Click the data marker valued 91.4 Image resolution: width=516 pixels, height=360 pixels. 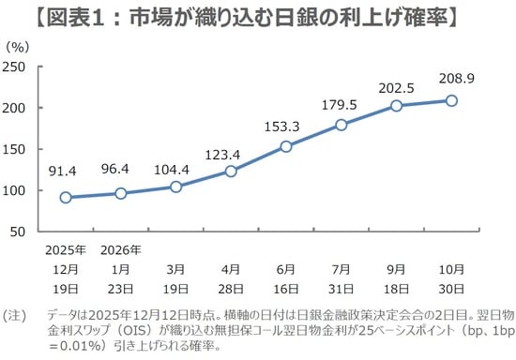point(66,197)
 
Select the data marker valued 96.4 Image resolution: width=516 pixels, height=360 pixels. point(120,193)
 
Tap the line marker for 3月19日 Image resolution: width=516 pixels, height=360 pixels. point(175,187)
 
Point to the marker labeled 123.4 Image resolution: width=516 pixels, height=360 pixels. point(230,171)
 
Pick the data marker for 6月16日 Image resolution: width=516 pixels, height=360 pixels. point(285,146)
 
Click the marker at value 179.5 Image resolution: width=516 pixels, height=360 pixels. point(341,125)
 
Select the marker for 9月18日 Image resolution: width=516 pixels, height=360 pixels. point(396,106)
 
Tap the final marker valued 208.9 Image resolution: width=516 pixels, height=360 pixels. point(451,100)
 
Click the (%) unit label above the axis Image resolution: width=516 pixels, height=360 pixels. point(18,44)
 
